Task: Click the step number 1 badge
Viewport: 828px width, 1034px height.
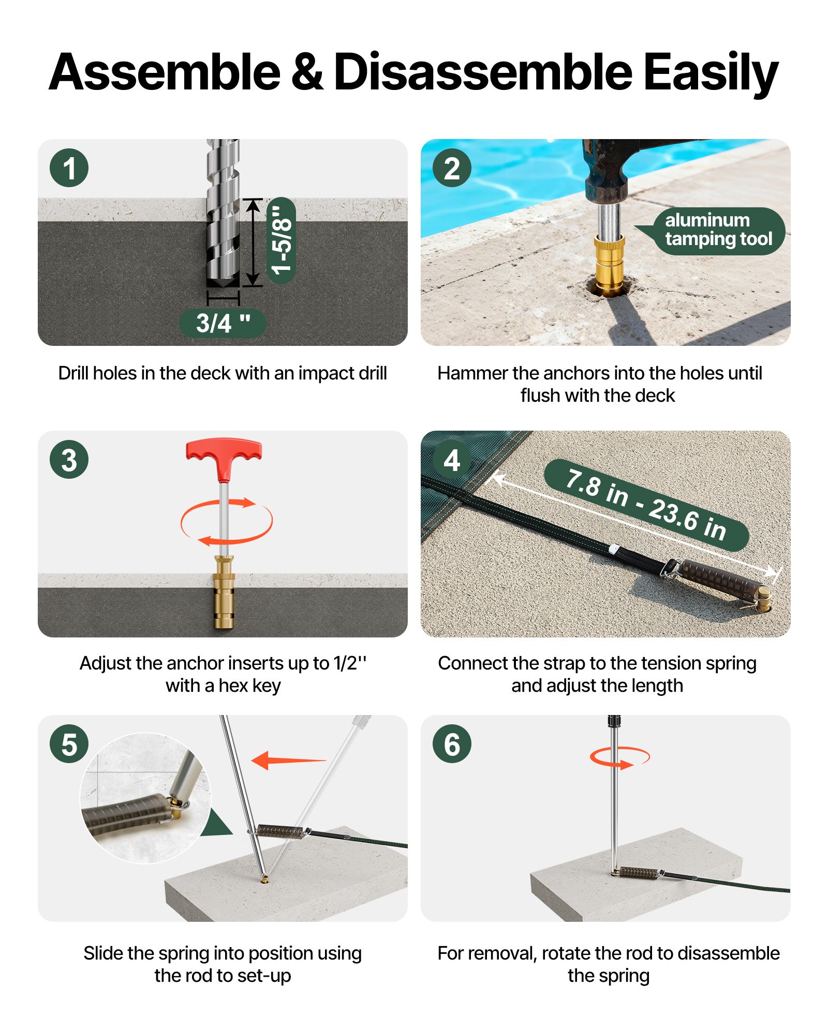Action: click(x=69, y=168)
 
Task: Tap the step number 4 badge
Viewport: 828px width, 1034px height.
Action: click(x=452, y=460)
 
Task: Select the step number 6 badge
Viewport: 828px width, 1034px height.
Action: click(x=452, y=744)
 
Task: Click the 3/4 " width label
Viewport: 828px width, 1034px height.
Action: click(x=223, y=324)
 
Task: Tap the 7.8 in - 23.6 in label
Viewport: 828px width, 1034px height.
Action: click(x=646, y=504)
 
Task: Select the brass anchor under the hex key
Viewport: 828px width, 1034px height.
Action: click(x=224, y=592)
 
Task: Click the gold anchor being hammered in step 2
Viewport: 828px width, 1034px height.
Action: click(x=609, y=264)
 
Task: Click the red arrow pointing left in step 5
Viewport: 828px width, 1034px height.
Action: click(x=287, y=760)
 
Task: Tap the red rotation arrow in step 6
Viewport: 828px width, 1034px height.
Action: click(x=620, y=758)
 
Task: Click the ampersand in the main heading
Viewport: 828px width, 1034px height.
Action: click(x=306, y=72)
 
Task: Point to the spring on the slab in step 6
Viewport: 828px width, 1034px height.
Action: click(x=640, y=873)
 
